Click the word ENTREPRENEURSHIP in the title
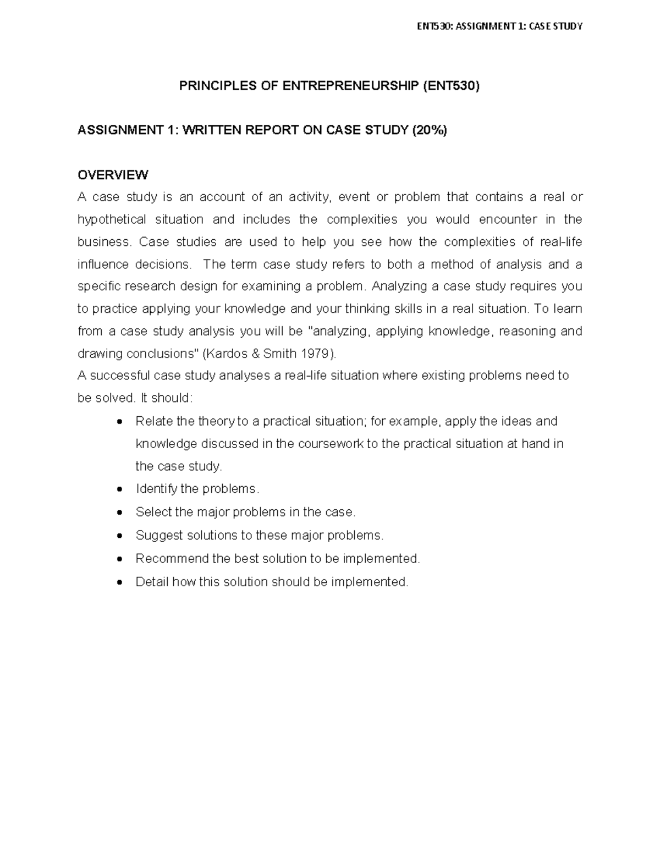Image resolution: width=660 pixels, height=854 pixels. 350,86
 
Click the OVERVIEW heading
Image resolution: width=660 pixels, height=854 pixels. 113,175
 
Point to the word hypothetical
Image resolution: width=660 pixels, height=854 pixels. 112,219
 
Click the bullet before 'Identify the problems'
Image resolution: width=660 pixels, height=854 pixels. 120,489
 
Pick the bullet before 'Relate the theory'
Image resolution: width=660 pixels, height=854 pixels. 120,422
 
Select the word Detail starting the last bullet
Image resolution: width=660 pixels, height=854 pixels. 152,582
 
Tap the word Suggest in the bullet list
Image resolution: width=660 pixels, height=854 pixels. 159,536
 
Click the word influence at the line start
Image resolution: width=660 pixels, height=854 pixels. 102,265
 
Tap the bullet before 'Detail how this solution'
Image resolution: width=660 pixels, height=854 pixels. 120,582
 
